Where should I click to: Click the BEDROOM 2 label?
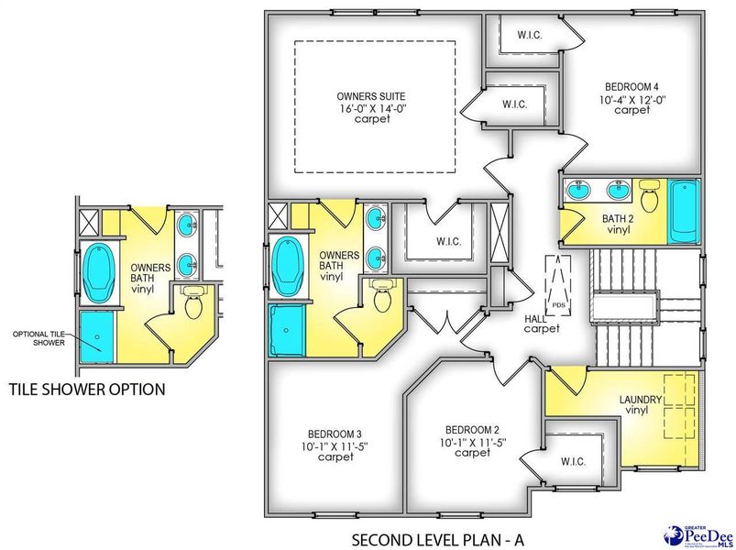pyautogui.click(x=473, y=429)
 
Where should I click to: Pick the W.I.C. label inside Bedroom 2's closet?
pyautogui.click(x=574, y=461)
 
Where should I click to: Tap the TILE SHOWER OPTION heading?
pyautogui.click(x=86, y=390)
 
